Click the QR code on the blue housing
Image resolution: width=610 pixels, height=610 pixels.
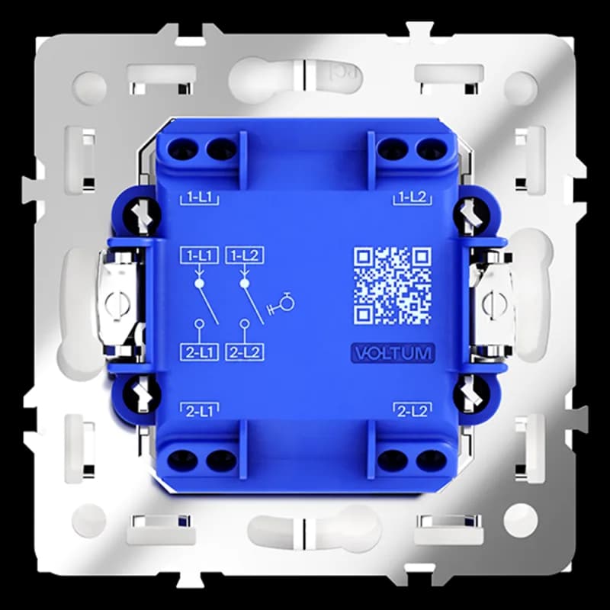pos(392,285)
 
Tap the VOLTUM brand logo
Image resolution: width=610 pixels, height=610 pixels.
pos(393,353)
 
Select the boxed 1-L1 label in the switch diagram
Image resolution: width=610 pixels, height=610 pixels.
pos(199,255)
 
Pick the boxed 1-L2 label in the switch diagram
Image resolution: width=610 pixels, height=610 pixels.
pos(245,255)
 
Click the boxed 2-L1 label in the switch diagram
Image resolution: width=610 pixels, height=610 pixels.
pos(199,352)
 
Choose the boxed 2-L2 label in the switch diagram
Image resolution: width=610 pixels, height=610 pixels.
pos(245,352)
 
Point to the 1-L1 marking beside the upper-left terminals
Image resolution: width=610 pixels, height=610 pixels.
pos(199,197)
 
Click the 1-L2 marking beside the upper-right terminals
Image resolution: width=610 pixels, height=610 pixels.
pos(413,197)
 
